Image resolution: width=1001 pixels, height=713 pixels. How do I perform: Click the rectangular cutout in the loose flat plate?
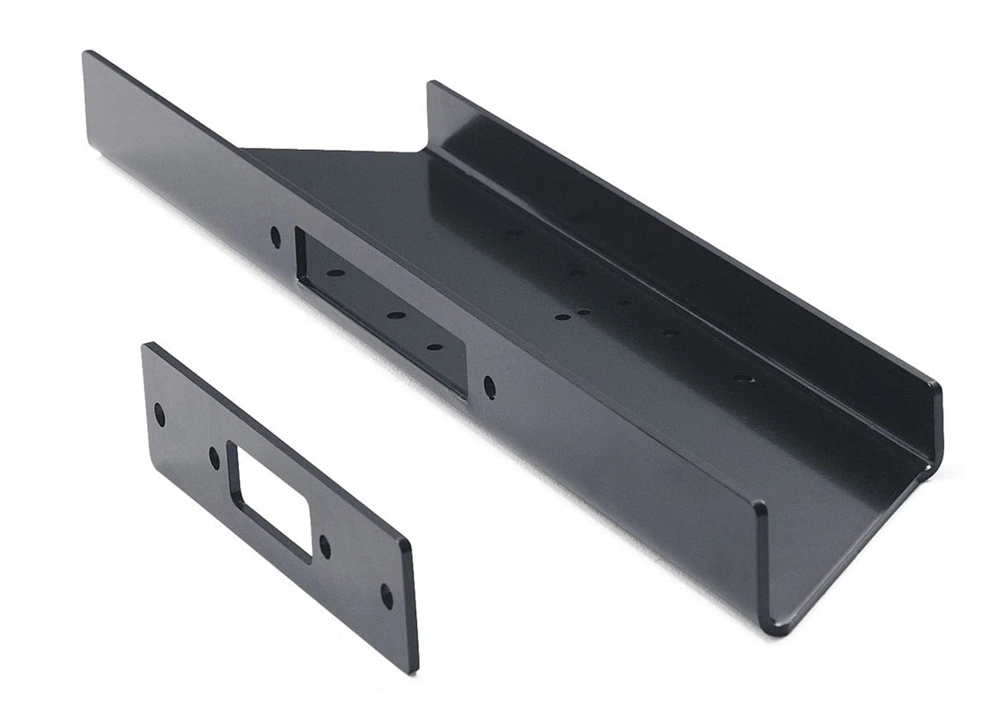[271, 500]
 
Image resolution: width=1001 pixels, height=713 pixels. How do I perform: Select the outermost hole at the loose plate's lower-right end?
[386, 593]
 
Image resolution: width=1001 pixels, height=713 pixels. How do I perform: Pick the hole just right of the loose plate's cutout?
[325, 546]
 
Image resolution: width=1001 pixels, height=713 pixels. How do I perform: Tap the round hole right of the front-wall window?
[490, 384]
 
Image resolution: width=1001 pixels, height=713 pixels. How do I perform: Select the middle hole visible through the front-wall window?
[392, 315]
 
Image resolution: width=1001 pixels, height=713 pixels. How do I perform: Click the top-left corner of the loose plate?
[146, 345]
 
